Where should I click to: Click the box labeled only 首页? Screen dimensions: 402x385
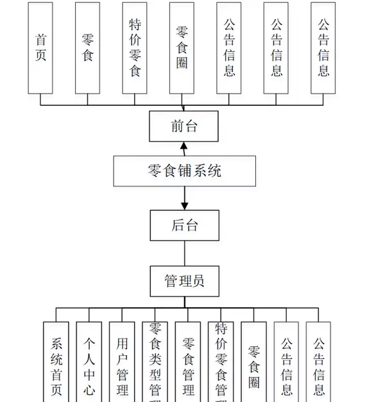click(40, 47)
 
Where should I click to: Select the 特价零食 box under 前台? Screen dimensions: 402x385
click(135, 47)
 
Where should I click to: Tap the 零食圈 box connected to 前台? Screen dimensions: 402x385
click(182, 47)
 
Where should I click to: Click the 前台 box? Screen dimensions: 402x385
click(184, 126)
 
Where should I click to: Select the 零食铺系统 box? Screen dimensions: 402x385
click(185, 171)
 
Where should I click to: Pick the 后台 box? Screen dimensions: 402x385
click(184, 225)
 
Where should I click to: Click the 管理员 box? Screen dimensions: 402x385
click(184, 281)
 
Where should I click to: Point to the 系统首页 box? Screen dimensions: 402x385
click(56, 362)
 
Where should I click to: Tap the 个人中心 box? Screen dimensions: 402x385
click(89, 362)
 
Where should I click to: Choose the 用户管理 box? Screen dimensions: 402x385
click(122, 362)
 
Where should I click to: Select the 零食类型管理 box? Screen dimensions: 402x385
click(155, 362)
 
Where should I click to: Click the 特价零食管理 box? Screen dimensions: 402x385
click(221, 362)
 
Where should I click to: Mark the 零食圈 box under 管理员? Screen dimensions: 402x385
click(254, 362)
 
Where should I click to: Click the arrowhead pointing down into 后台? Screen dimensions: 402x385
click(185, 205)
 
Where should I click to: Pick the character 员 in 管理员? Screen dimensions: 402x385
click(199, 281)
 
